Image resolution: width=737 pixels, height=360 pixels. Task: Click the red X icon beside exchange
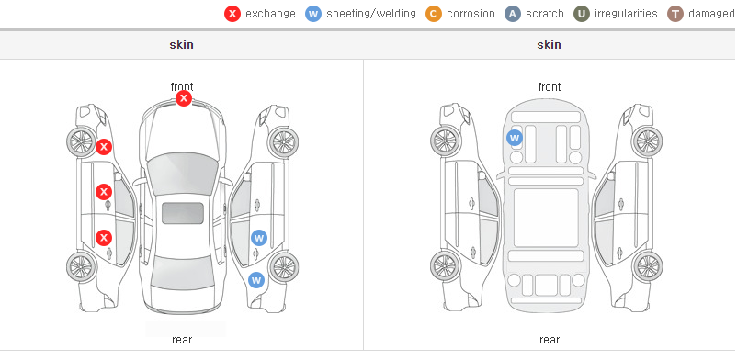point(232,14)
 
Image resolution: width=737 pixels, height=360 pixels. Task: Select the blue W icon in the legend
point(313,14)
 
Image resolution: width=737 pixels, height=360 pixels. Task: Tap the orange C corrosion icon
point(434,14)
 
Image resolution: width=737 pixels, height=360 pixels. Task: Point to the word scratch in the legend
point(545,14)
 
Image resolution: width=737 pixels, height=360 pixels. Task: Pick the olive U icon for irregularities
point(582,14)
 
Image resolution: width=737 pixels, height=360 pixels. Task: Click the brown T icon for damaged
point(675,14)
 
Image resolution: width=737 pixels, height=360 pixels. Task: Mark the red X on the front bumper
point(184,98)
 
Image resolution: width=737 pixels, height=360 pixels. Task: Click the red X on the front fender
point(104,147)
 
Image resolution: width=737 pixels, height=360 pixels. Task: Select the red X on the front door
point(104,192)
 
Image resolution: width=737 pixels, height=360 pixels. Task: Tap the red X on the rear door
point(104,238)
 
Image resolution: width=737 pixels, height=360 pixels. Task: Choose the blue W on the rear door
point(259,238)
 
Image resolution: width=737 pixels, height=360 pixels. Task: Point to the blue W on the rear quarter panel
point(256,281)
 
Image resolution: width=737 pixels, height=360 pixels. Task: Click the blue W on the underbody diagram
point(515,138)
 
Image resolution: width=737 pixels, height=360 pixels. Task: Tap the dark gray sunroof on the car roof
point(183,213)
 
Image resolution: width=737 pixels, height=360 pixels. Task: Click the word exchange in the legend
point(270,14)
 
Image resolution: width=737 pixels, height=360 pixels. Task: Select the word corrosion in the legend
point(471,14)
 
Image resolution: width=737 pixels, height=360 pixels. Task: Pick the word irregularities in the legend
point(626,14)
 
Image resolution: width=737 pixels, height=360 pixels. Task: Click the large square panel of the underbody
point(546,218)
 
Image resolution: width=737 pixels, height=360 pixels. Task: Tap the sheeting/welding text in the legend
point(371,14)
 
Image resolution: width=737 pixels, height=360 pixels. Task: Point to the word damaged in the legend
point(711,14)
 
